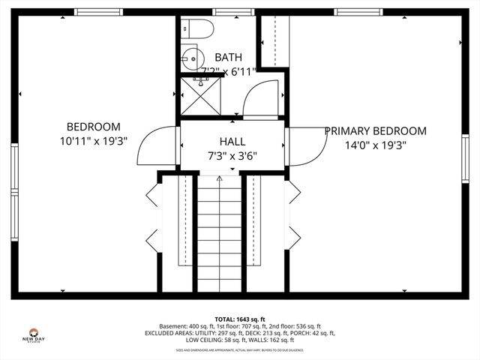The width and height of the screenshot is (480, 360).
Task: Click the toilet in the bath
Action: (x=199, y=28)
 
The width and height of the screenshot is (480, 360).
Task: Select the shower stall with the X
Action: (x=200, y=96)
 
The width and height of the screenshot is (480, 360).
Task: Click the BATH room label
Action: (x=228, y=57)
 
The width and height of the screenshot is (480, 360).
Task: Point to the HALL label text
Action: (x=232, y=141)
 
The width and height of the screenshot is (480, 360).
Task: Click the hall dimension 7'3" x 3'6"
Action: (x=232, y=157)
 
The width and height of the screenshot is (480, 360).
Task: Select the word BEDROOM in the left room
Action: (x=93, y=127)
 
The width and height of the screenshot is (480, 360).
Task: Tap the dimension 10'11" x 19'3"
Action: (x=93, y=140)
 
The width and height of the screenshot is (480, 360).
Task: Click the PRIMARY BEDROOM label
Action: (x=375, y=130)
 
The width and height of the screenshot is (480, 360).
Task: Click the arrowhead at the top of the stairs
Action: (x=220, y=179)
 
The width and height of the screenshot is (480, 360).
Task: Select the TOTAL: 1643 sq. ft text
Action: (x=240, y=318)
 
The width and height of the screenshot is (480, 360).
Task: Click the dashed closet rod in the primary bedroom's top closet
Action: (x=275, y=41)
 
